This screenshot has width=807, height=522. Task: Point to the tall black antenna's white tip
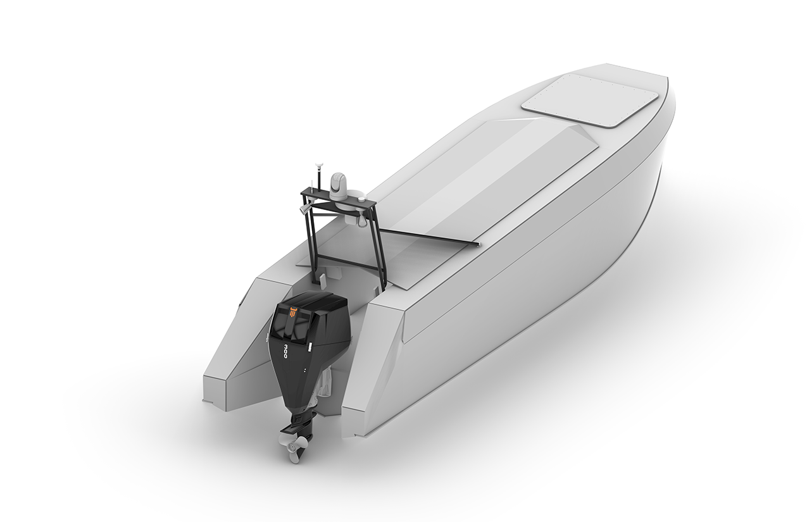[x=319, y=165]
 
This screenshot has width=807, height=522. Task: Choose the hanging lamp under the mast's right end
[x=361, y=223]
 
